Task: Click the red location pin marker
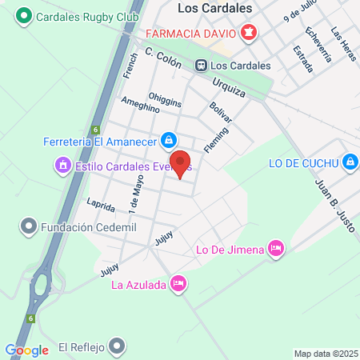click(x=181, y=162)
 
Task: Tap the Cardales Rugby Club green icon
click(x=25, y=15)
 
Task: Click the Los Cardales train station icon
click(x=202, y=66)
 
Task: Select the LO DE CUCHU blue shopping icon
click(x=349, y=162)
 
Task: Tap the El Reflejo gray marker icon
click(x=118, y=347)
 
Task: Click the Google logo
click(x=26, y=350)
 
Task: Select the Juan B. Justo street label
click(x=322, y=206)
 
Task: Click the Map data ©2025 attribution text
click(x=325, y=353)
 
